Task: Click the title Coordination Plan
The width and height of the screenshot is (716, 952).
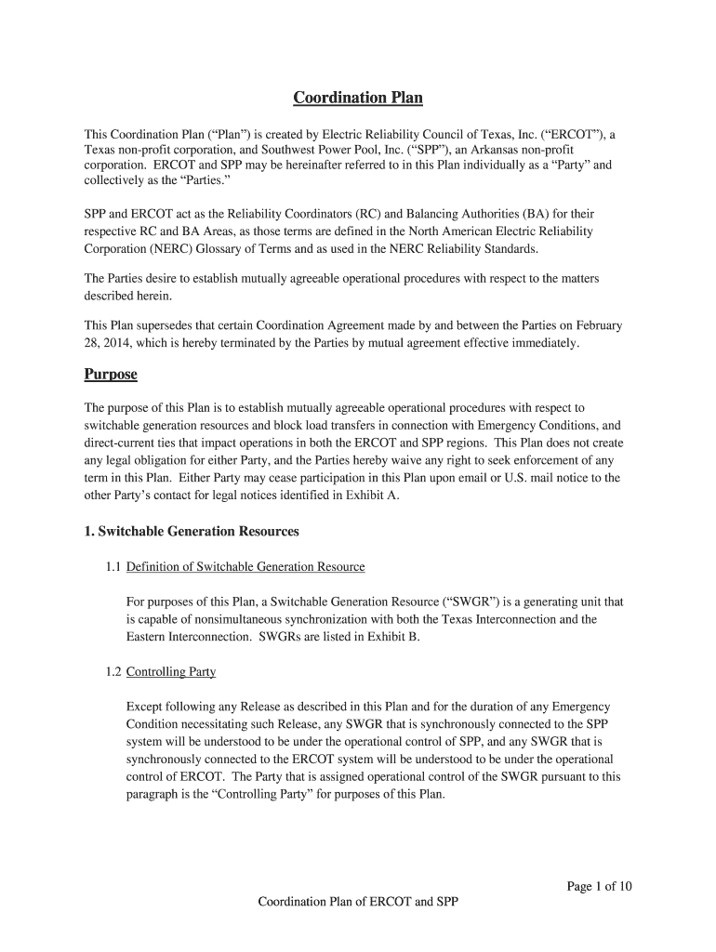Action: pyautogui.click(x=358, y=98)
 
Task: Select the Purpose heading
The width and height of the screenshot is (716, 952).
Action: pyautogui.click(x=111, y=374)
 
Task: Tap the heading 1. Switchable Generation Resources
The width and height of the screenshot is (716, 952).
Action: pyautogui.click(x=192, y=531)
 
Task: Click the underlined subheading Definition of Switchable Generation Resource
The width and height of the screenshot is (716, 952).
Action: pyautogui.click(x=245, y=566)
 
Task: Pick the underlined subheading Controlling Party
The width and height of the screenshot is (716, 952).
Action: pyautogui.click(x=171, y=671)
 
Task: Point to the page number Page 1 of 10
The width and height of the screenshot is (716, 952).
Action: pyautogui.click(x=599, y=886)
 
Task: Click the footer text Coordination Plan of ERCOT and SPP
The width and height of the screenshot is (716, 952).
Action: pyautogui.click(x=358, y=903)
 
